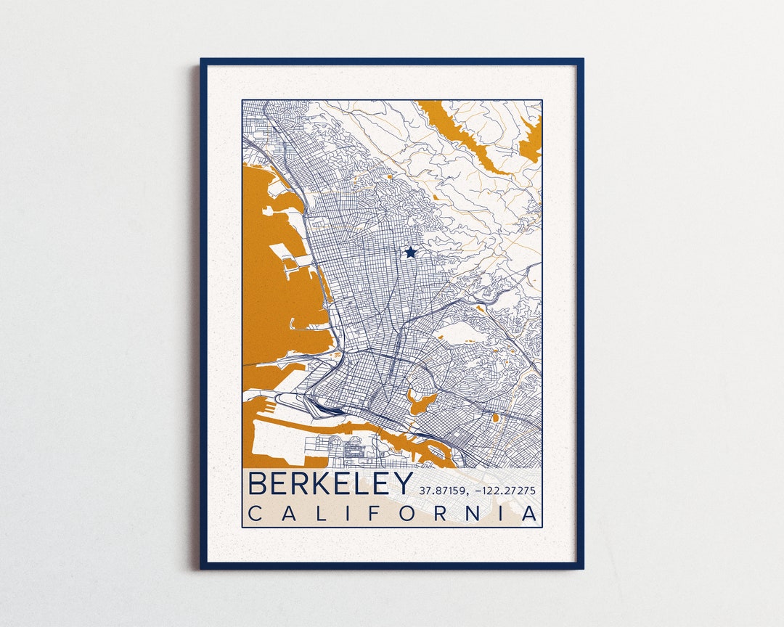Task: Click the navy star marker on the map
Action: (411, 253)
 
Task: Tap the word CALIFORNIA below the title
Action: (393, 514)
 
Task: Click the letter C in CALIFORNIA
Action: (256, 514)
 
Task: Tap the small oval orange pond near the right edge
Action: (497, 417)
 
